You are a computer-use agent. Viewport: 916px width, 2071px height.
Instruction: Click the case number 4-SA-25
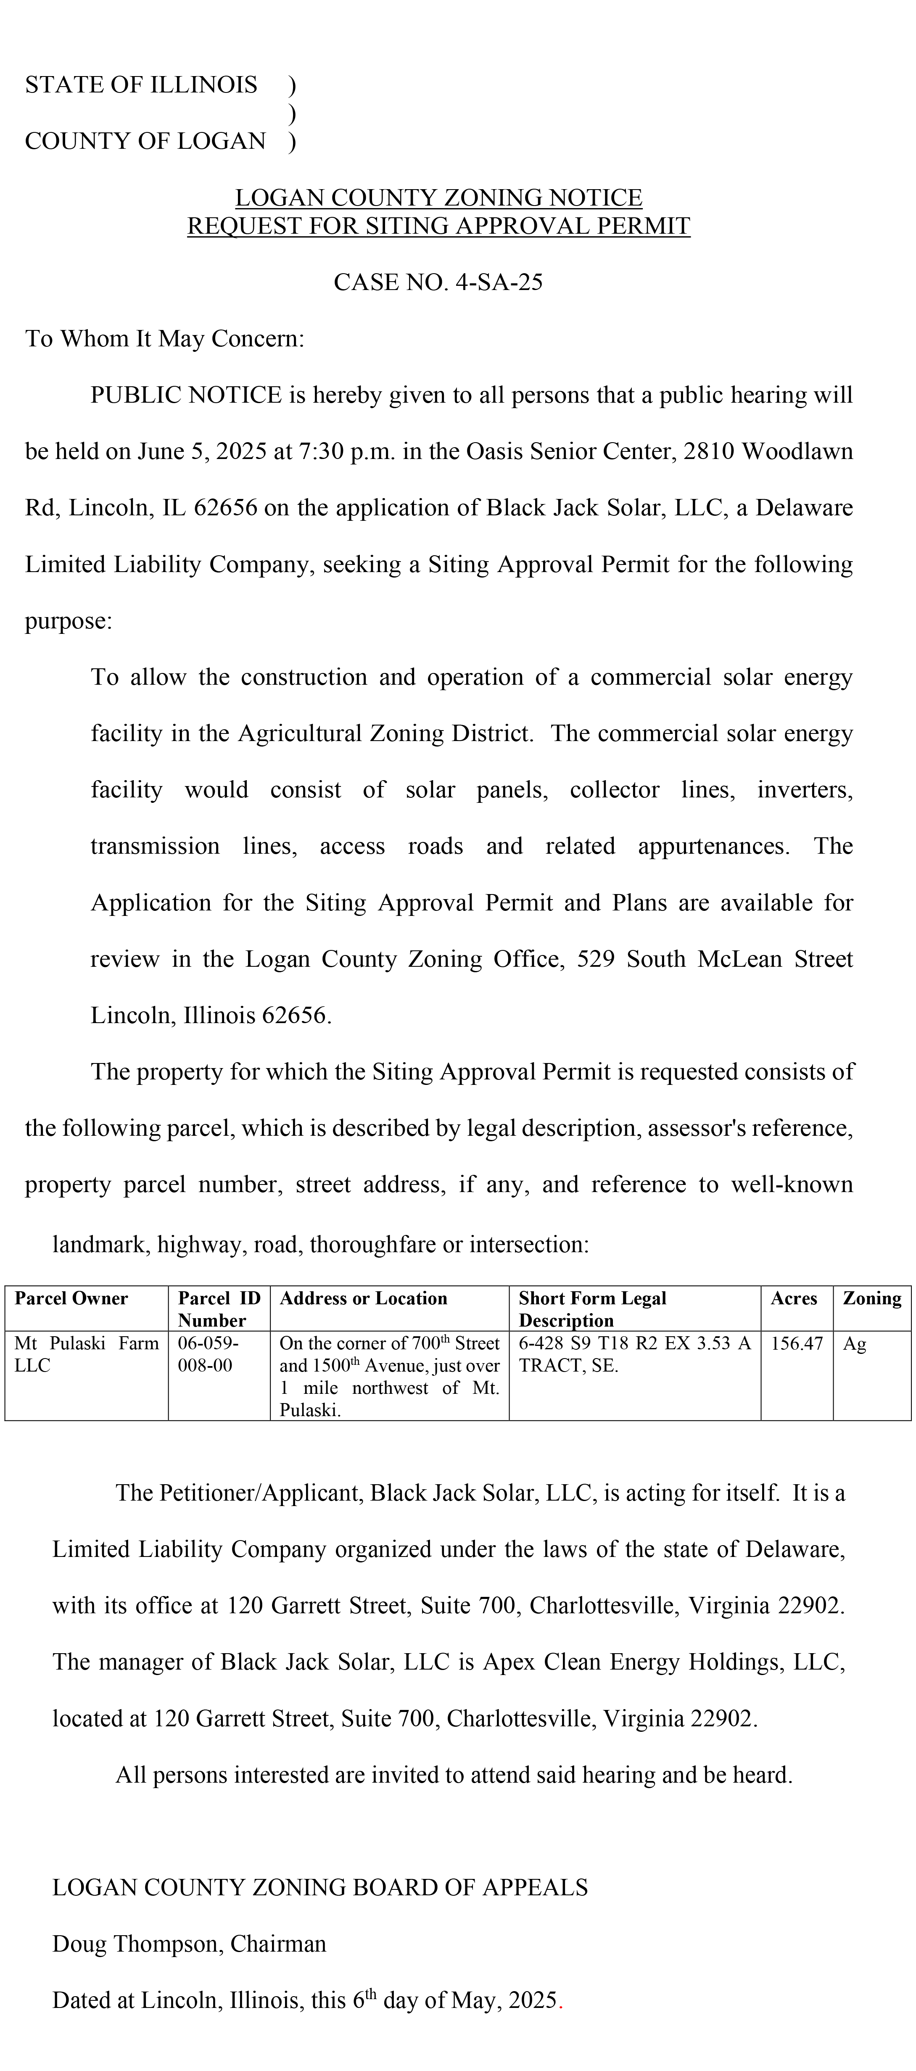(499, 282)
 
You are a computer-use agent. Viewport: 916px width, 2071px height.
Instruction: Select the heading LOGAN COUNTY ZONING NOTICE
(438, 198)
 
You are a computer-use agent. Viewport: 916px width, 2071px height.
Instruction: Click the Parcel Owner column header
(71, 1298)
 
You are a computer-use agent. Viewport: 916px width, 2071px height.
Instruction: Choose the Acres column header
(794, 1298)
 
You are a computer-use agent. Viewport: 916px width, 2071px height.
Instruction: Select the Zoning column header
(872, 1298)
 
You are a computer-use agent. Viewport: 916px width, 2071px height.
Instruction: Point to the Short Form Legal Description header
(593, 1309)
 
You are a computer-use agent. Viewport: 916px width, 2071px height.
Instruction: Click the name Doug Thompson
(137, 1944)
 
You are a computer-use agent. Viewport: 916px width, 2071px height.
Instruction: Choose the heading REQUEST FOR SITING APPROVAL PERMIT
(438, 226)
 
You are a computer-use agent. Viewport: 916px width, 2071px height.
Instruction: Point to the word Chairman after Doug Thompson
(278, 1944)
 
